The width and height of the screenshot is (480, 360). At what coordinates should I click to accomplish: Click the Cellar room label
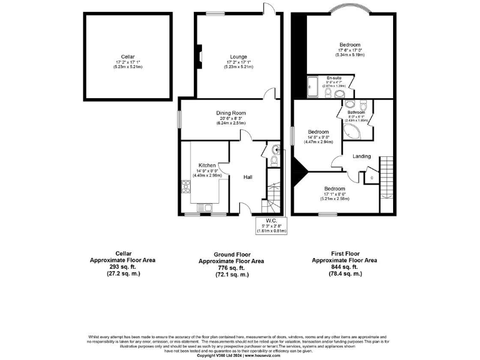(128, 57)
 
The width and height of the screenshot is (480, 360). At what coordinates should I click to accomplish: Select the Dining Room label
(232, 113)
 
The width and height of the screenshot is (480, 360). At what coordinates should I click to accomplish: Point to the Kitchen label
(207, 166)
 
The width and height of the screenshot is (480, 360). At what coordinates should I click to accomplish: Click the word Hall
(248, 177)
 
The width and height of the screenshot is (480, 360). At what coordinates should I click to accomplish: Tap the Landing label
(361, 156)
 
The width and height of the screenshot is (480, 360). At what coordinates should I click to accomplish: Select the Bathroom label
(356, 112)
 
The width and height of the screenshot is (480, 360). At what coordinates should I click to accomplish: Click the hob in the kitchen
(186, 186)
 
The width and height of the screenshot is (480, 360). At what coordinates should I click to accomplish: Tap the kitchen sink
(207, 206)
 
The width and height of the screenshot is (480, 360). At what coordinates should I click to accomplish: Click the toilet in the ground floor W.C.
(276, 161)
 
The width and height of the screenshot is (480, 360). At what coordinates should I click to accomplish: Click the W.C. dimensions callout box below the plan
(271, 226)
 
